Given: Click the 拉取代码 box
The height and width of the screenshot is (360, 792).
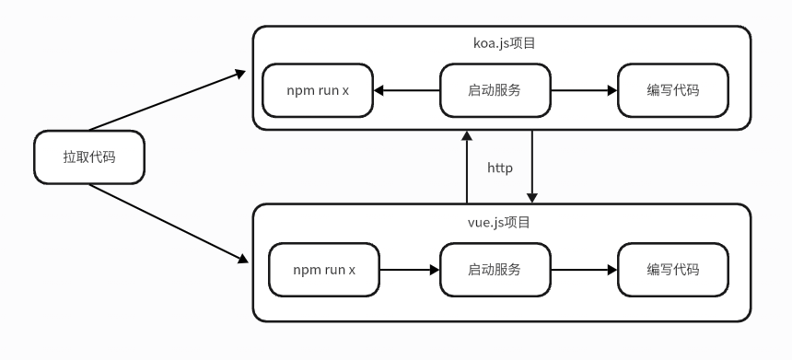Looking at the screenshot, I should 89,157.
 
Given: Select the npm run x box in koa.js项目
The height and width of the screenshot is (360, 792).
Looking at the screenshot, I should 318,90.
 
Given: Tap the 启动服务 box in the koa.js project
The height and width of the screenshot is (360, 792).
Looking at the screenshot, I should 495,90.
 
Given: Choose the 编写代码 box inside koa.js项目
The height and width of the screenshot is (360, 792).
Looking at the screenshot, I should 672,90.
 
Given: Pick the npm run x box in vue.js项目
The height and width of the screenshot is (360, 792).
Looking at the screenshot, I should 324,270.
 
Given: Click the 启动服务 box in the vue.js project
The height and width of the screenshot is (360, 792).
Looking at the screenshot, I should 495,270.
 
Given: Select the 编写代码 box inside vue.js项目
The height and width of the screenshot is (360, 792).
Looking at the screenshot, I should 672,270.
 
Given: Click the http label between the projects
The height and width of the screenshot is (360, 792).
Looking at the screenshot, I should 499,168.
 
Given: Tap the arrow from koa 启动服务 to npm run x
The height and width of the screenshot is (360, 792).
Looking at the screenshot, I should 407,90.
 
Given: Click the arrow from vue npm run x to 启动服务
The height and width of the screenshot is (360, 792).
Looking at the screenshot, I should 410,270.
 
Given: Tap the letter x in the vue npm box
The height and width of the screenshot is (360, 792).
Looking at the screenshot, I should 352,270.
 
